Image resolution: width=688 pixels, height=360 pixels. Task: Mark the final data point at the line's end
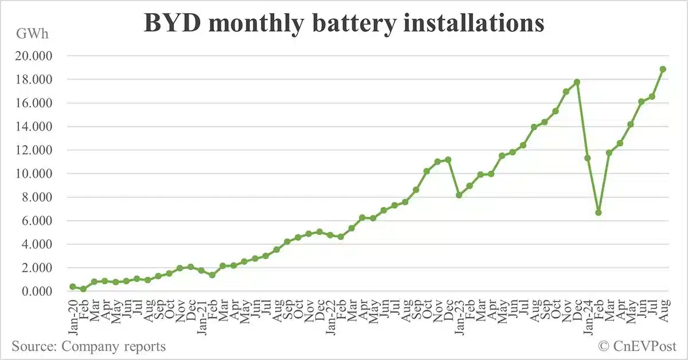[x=663, y=69]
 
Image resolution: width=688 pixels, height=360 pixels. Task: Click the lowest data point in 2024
[x=599, y=213]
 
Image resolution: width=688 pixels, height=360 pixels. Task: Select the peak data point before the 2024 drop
[x=577, y=82]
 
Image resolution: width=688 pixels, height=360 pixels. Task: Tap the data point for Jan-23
[x=459, y=195]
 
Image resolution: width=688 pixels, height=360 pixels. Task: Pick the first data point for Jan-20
[x=73, y=287]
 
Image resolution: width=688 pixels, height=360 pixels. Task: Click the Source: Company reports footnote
[x=88, y=346]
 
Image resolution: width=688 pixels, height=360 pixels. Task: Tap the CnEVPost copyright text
[x=637, y=346]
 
